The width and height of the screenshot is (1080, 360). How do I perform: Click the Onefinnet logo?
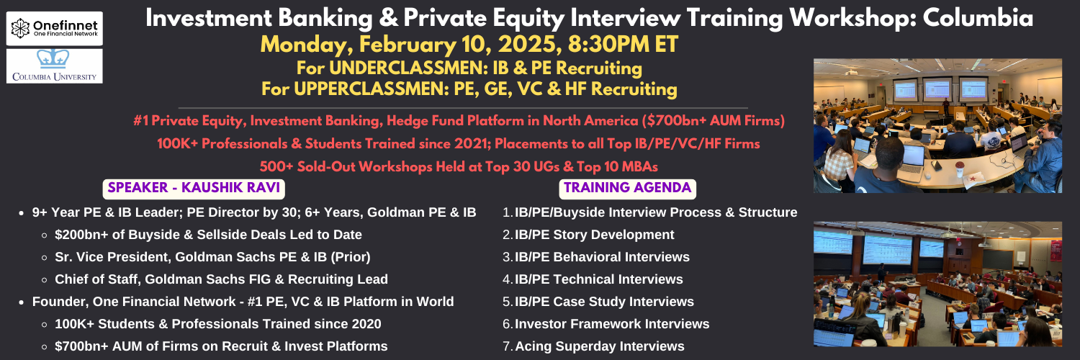tap(55, 28)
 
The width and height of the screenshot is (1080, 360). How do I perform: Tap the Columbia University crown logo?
tap(53, 59)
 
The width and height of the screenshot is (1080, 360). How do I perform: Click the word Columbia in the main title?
tap(978, 18)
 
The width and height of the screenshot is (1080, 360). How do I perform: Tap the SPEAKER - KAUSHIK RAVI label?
tap(194, 189)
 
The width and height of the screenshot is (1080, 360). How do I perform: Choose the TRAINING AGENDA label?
tap(627, 189)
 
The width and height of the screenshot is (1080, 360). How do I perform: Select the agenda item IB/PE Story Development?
tap(594, 235)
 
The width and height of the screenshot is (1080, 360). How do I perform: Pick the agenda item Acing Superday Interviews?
tap(599, 346)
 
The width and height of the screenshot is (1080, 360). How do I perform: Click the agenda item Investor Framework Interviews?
tap(612, 324)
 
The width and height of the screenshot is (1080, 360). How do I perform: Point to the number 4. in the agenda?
tap(507, 279)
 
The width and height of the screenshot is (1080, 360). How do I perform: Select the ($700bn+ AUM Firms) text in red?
tap(713, 120)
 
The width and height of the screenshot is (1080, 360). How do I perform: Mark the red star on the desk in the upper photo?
tap(973, 179)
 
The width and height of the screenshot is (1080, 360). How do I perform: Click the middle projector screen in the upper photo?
tap(936, 89)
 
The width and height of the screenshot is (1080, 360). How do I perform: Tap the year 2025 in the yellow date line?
tap(527, 45)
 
